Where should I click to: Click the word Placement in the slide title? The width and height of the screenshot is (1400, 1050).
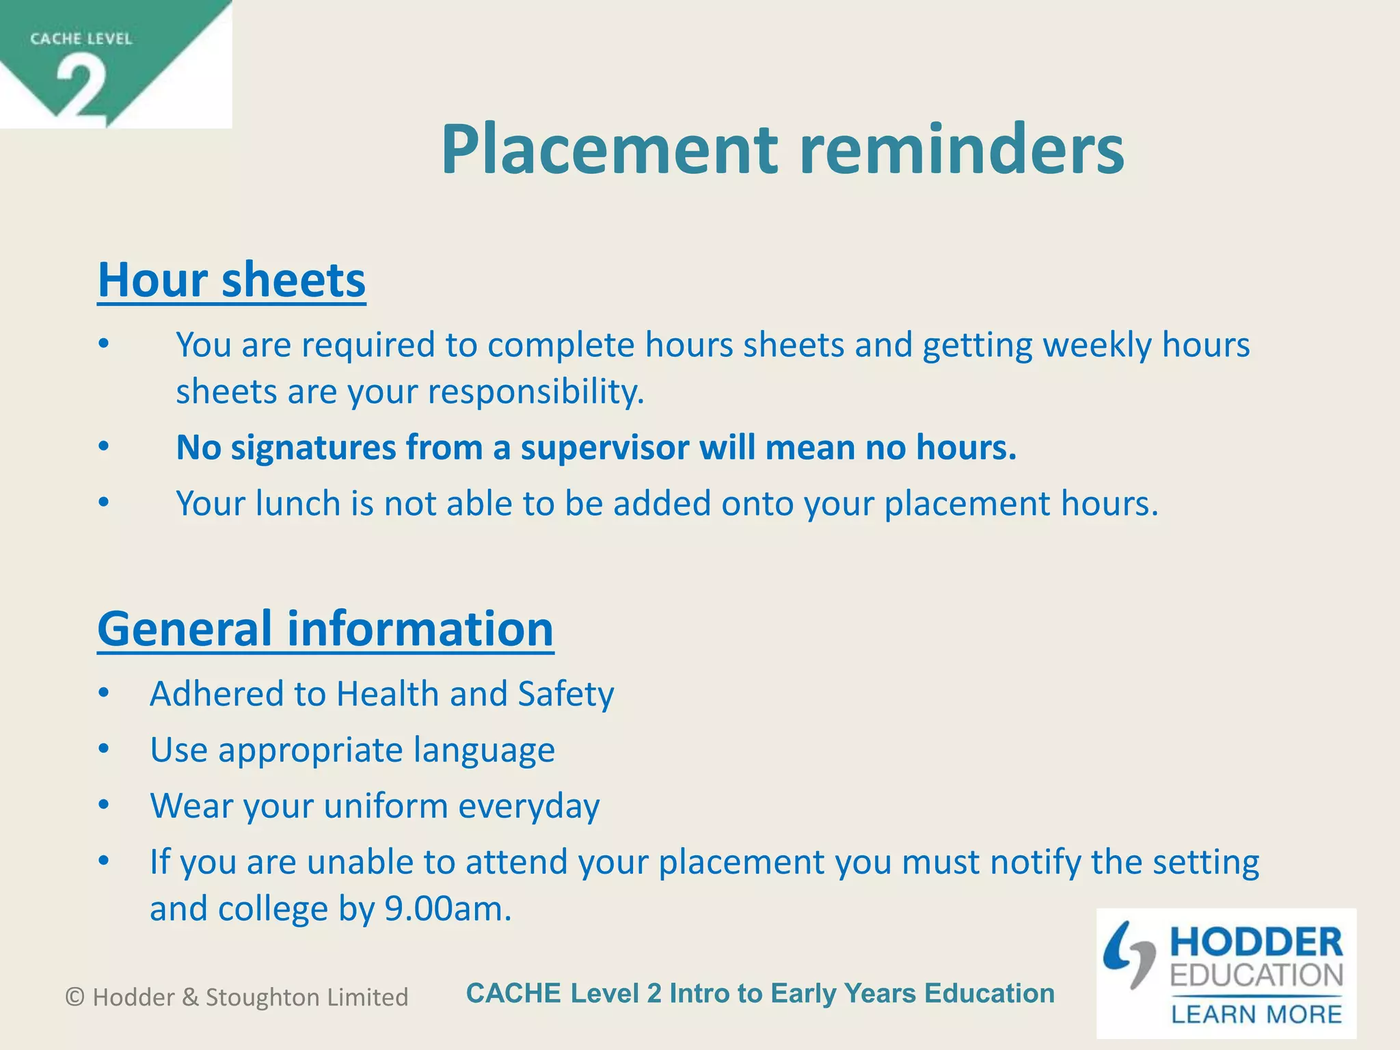point(609,150)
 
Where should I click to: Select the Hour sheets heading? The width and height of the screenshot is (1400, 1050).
point(232,280)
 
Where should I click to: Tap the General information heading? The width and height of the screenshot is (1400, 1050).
point(325,629)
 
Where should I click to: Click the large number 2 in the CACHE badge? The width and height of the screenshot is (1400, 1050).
point(81,87)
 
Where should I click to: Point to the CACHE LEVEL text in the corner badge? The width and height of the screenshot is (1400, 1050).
point(81,39)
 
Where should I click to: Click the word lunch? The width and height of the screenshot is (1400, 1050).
point(298,504)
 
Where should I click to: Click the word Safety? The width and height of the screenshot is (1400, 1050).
point(566,694)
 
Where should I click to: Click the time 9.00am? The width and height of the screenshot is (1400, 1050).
point(448,909)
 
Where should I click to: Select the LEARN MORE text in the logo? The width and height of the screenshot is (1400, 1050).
point(1256,1014)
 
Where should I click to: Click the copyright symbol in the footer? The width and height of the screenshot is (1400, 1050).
point(75,997)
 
